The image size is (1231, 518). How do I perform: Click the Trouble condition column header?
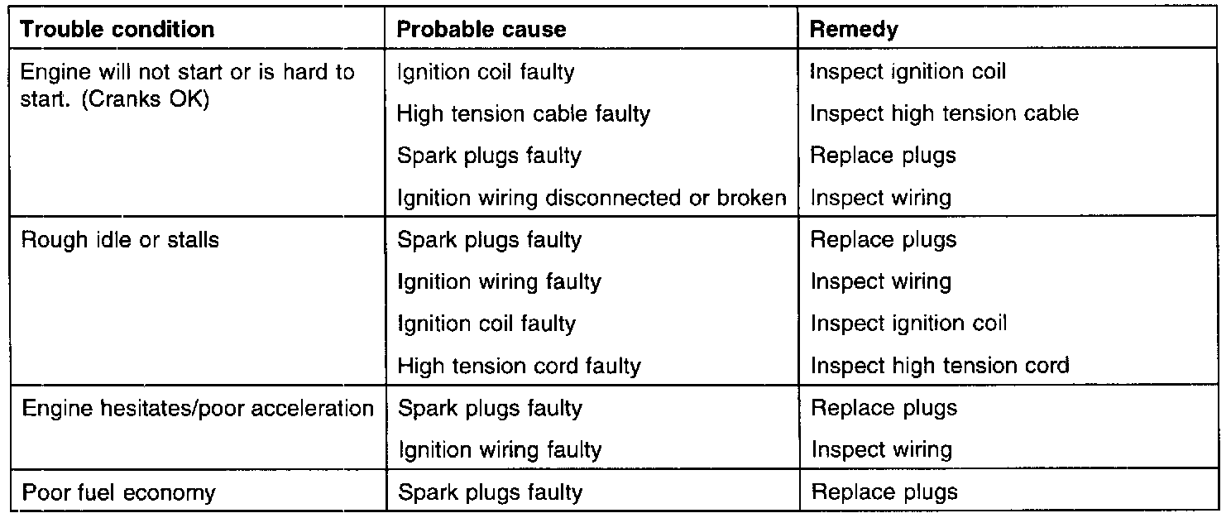point(117,30)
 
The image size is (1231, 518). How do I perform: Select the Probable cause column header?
point(481,30)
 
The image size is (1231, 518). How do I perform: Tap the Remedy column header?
point(853,30)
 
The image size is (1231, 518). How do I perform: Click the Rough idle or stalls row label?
point(120,240)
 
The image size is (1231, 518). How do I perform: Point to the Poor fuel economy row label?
point(118,493)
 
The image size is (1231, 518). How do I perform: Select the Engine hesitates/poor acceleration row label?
point(198,408)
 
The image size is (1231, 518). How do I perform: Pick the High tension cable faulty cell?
point(524,113)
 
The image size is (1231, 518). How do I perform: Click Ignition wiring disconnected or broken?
point(592,198)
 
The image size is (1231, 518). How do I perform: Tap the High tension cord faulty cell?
point(519,366)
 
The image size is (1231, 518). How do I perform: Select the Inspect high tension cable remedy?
point(944,113)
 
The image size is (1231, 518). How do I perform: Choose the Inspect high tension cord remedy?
point(940,366)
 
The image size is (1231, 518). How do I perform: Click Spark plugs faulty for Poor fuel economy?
point(490,493)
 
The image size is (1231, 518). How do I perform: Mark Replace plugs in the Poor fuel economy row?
point(884,493)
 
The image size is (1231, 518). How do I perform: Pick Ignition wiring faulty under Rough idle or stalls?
point(499,282)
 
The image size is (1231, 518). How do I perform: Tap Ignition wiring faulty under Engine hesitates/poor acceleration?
point(499,451)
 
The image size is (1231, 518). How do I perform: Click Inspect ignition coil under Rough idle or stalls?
point(908,324)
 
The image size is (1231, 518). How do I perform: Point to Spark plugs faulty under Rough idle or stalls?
point(490,240)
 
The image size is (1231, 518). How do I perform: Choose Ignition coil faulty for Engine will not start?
point(486,72)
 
